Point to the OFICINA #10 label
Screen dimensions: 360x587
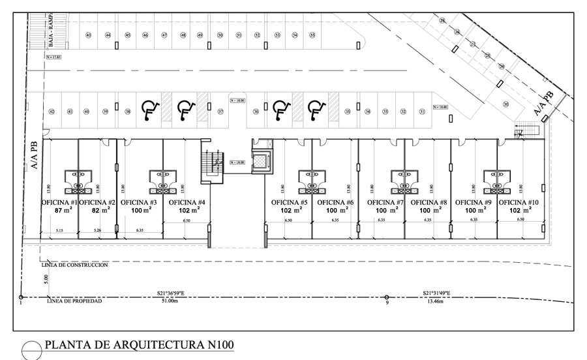click(520, 202)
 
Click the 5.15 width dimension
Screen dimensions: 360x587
click(59, 231)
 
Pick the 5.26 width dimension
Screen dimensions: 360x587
click(98, 231)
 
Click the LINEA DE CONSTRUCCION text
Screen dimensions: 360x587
click(74, 265)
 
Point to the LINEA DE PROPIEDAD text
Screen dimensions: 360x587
click(74, 302)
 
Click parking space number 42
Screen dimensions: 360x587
click(52, 112)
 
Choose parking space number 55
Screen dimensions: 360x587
click(312, 35)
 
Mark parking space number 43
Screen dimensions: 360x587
click(88, 35)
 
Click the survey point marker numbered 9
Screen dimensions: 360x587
click(386, 298)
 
